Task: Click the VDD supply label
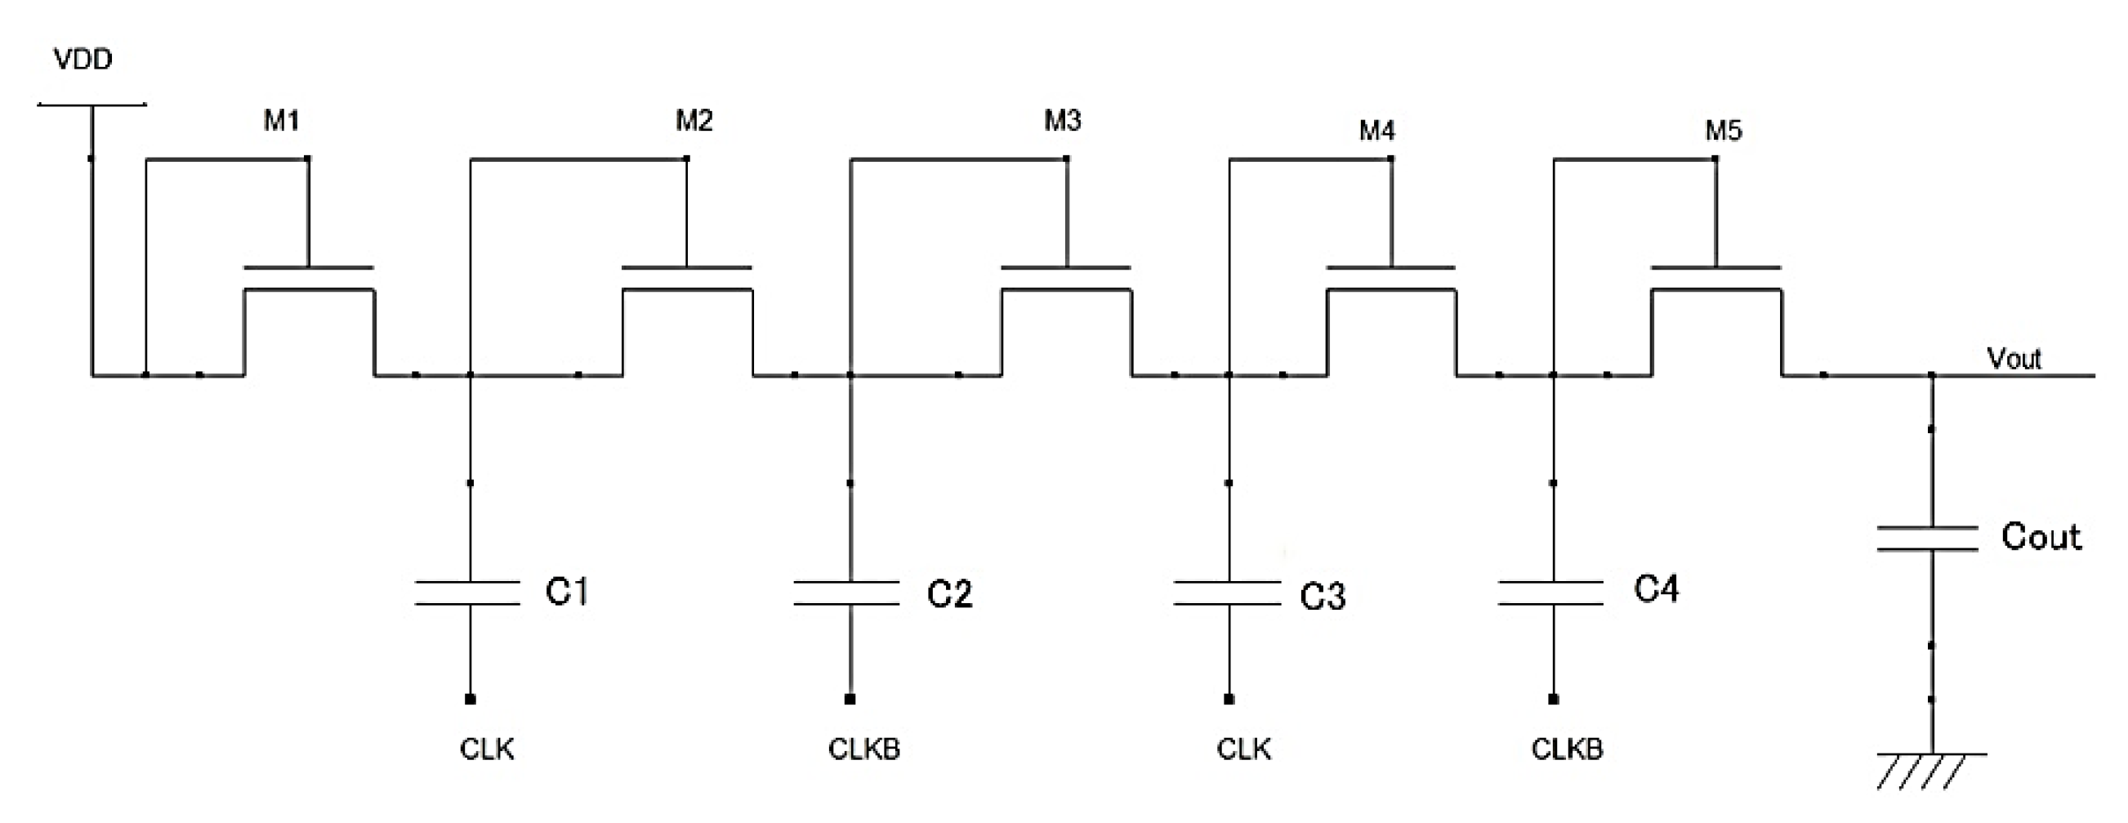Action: tap(83, 60)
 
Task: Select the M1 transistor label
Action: tap(281, 121)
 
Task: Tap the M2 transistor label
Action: tap(694, 121)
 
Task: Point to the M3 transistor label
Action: tap(1062, 121)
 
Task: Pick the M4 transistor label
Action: tap(1377, 131)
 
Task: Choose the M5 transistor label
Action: tap(1724, 131)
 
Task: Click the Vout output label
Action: tap(2014, 359)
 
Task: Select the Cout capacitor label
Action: tap(2041, 537)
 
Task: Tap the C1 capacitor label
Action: tap(567, 592)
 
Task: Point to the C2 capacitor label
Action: tap(949, 594)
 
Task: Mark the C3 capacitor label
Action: tap(1323, 597)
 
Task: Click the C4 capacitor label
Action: tap(1657, 589)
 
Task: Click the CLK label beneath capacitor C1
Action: tap(487, 749)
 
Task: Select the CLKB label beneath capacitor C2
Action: tap(864, 749)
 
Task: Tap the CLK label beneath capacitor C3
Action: tap(1243, 749)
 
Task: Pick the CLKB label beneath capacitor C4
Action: tap(1567, 749)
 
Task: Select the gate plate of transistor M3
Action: tap(1066, 268)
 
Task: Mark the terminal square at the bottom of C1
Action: tap(470, 699)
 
